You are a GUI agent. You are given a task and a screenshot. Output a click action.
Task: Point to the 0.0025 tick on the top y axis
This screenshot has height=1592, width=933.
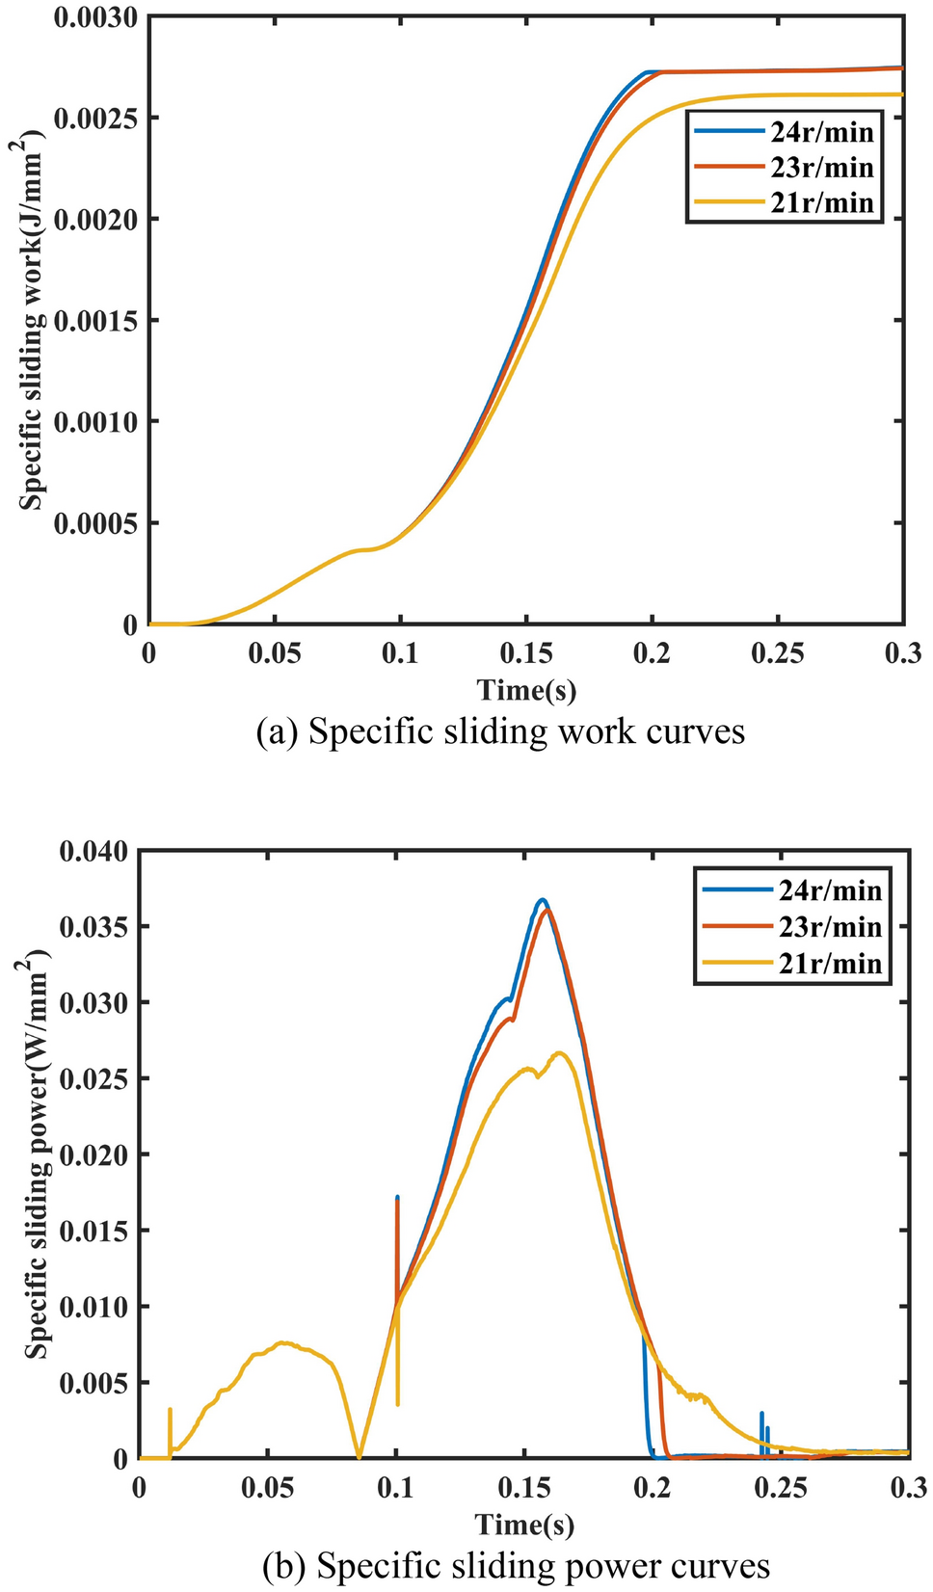(x=94, y=119)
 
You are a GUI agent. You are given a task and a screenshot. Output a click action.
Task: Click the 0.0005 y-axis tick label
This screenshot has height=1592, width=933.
(x=94, y=523)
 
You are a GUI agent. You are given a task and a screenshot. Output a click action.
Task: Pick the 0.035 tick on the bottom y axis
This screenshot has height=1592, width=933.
(x=93, y=927)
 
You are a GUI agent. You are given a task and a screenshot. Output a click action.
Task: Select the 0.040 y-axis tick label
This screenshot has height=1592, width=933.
(x=93, y=852)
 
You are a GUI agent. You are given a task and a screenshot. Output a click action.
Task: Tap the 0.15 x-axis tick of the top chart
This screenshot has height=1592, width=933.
(x=526, y=653)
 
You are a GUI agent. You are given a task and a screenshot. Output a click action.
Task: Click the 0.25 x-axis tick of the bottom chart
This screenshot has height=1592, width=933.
(x=781, y=1488)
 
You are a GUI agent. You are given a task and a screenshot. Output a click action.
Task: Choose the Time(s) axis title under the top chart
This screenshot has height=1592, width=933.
(x=526, y=690)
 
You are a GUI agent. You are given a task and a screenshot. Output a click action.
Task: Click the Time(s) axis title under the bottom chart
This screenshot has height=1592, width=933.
(x=524, y=1525)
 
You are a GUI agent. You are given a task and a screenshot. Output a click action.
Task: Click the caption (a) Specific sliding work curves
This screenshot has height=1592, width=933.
(x=500, y=731)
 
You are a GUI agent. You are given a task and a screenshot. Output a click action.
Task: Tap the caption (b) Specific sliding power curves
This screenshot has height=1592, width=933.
(x=517, y=1566)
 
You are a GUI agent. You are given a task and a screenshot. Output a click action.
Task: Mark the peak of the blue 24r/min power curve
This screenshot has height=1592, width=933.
(x=543, y=900)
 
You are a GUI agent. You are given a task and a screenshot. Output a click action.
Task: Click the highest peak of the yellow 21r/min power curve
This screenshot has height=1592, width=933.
(x=559, y=1052)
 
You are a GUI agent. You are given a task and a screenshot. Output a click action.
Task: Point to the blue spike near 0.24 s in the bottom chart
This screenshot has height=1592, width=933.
(x=761, y=1415)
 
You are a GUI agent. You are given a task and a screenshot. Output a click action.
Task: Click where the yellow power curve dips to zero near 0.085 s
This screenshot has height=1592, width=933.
(x=359, y=1456)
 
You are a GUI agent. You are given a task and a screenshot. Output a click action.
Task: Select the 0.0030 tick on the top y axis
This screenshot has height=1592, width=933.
(x=94, y=17)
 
